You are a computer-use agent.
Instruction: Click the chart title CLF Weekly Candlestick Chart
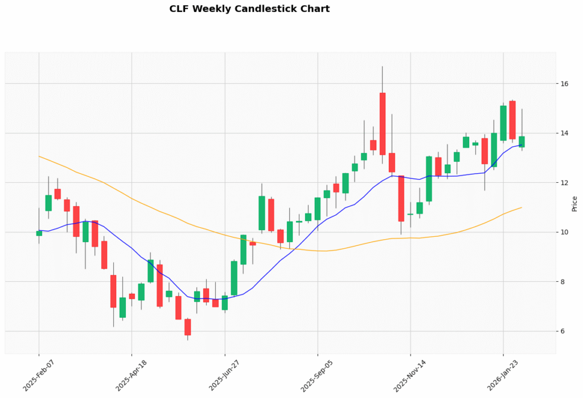[249, 9]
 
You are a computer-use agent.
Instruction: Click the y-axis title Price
[574, 203]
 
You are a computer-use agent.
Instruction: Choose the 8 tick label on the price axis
[565, 282]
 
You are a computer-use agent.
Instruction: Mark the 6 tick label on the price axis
[565, 331]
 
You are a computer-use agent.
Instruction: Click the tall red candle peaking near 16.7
[383, 124]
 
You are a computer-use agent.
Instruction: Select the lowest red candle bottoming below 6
[188, 327]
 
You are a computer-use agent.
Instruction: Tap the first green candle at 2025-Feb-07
[39, 233]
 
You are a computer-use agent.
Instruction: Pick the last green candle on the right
[522, 142]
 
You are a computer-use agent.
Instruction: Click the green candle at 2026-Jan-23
[503, 123]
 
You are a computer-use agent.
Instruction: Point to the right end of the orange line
[522, 207]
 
